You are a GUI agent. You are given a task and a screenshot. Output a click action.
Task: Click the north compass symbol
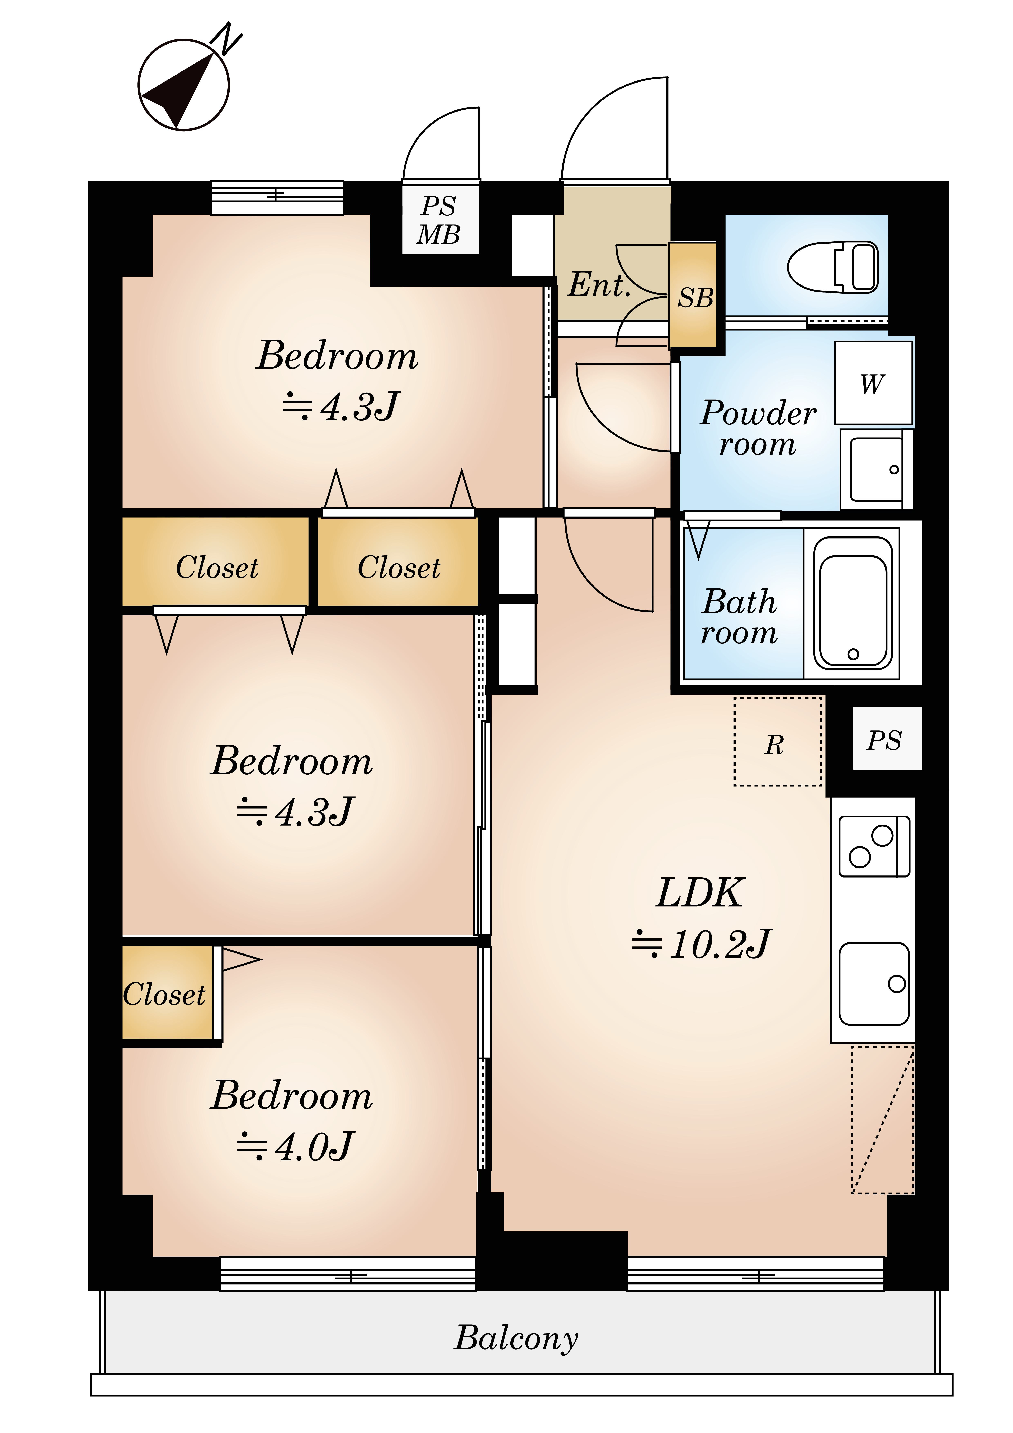click(x=184, y=85)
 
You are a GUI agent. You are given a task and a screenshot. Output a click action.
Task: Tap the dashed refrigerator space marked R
click(x=778, y=742)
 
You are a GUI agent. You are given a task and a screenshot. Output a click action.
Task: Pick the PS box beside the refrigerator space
click(x=887, y=739)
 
